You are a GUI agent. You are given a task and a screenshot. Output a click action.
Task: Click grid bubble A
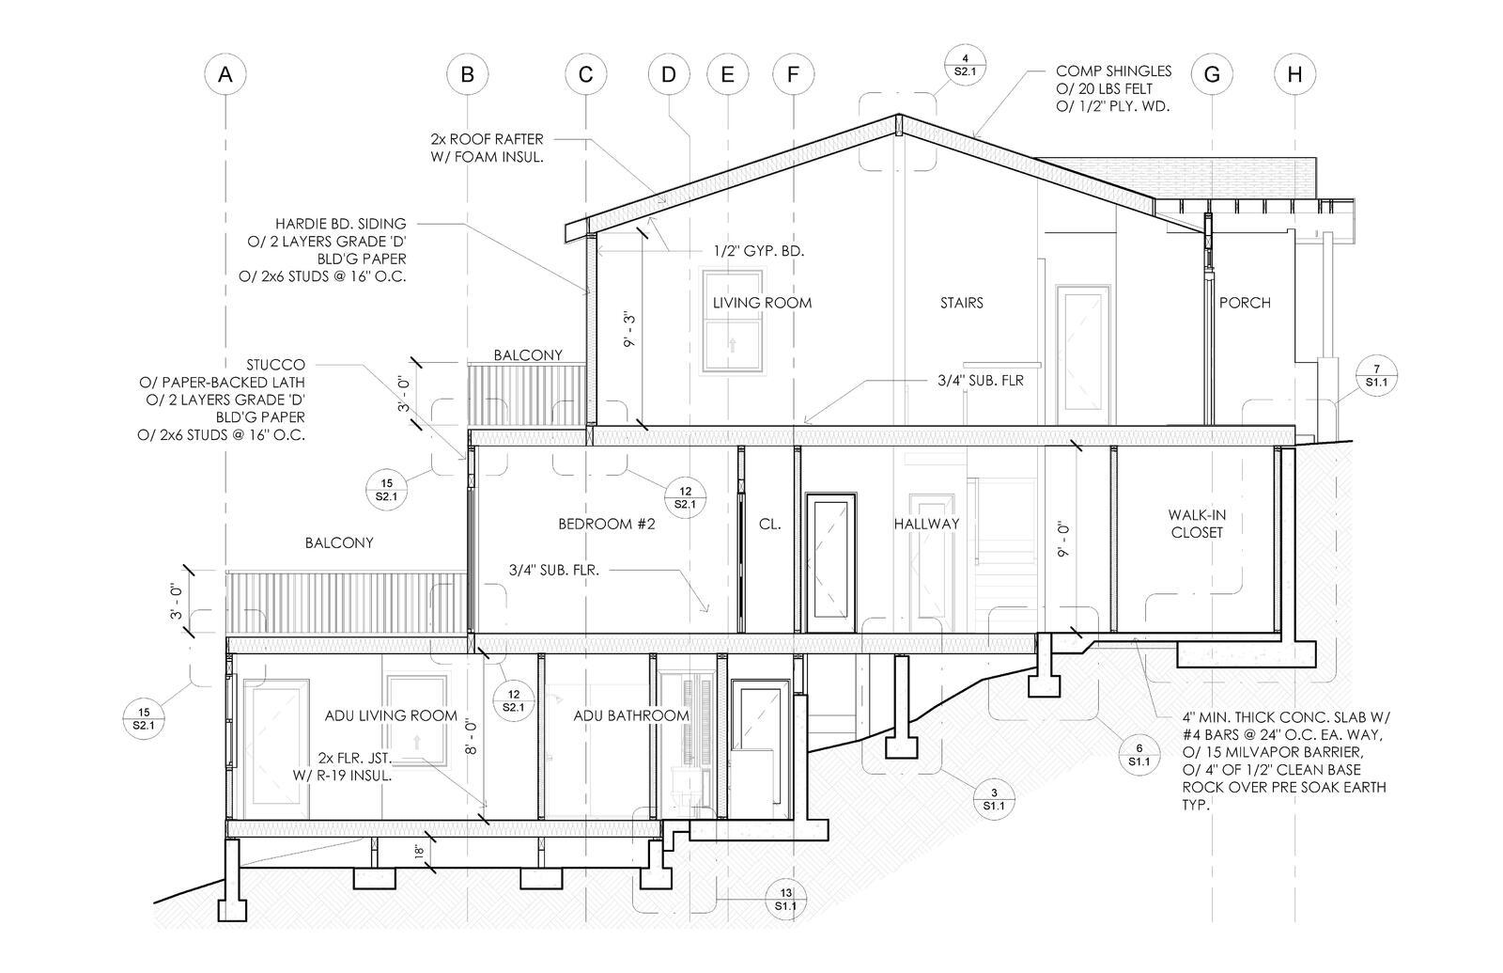tap(225, 74)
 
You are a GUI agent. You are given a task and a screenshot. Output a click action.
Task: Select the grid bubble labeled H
tap(1294, 74)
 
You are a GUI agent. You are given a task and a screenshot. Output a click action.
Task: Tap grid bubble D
tap(668, 74)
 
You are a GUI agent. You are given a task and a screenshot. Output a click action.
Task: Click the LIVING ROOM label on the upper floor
tap(762, 303)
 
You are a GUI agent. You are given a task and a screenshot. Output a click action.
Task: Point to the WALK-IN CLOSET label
tap(1197, 524)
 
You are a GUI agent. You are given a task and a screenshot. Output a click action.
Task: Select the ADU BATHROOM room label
tap(631, 715)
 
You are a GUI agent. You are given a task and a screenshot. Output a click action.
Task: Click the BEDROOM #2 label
tap(607, 524)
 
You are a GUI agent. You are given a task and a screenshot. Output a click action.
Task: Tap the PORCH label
tap(1245, 303)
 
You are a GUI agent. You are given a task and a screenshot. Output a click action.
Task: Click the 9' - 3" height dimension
tap(629, 329)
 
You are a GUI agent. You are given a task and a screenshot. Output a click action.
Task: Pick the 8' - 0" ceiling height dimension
tap(471, 737)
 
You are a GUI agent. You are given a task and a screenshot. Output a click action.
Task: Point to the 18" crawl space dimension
tap(420, 852)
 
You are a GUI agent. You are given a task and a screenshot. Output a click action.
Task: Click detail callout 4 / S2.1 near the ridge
tap(964, 65)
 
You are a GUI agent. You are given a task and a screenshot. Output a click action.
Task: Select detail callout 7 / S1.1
tap(1376, 375)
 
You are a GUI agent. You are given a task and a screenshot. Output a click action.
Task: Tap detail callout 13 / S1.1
tap(785, 899)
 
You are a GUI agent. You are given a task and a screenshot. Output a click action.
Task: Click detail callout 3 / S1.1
tap(994, 799)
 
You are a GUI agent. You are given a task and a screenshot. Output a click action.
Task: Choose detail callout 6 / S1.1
tap(1139, 755)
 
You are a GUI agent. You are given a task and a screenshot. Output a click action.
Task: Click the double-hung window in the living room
tap(732, 321)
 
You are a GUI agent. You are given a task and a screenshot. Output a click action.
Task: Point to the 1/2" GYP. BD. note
tap(758, 251)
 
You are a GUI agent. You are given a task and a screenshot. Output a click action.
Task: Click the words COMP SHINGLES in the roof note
tap(1113, 71)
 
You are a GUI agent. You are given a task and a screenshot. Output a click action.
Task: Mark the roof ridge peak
tap(898, 115)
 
